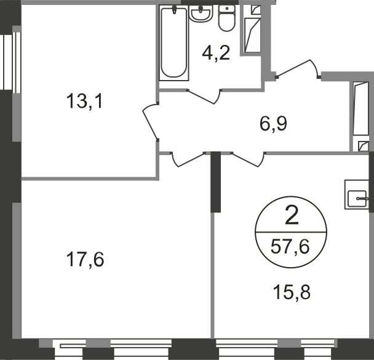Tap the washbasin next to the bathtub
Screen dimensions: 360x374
tap(201, 13)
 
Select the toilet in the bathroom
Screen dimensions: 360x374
tap(227, 18)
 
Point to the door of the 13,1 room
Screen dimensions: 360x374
tap(151, 124)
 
